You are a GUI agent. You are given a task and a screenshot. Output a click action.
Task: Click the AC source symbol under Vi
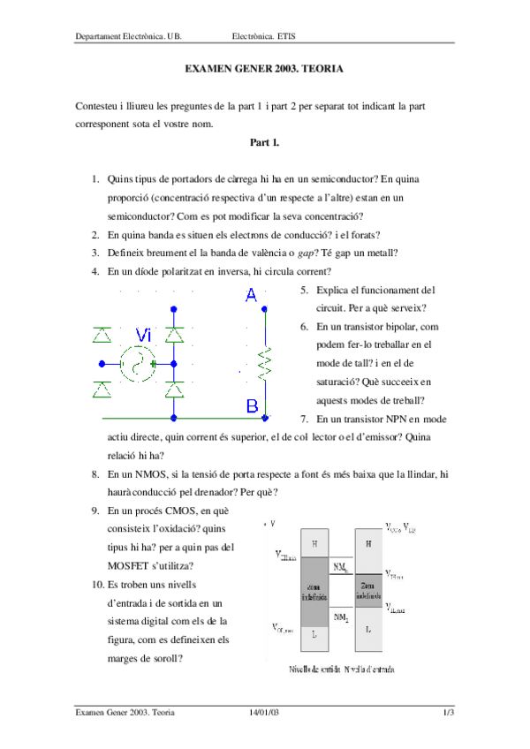tap(138, 363)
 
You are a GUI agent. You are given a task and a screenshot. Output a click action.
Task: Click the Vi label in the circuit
tap(144, 334)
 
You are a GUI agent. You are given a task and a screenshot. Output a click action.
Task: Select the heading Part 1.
tap(264, 141)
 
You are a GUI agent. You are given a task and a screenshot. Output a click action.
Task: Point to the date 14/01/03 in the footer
tap(264, 712)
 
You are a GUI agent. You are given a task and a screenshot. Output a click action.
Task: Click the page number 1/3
tap(448, 712)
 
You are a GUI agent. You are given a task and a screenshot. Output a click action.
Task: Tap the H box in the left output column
tap(315, 543)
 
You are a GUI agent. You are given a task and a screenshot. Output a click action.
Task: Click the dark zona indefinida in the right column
tap(367, 590)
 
